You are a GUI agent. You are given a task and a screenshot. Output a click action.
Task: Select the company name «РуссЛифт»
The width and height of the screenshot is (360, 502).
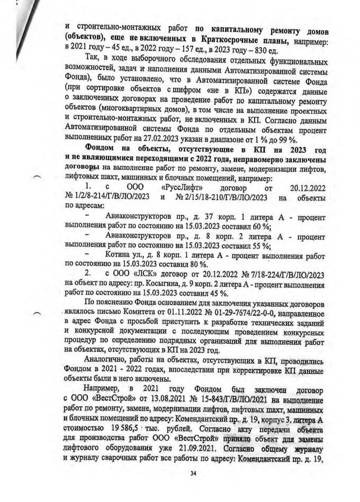coord(177,187)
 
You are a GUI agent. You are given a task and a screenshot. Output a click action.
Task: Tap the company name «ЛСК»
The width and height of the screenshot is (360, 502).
coord(136,275)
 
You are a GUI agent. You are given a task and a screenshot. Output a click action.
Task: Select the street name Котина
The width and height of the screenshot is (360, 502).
coord(119,255)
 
